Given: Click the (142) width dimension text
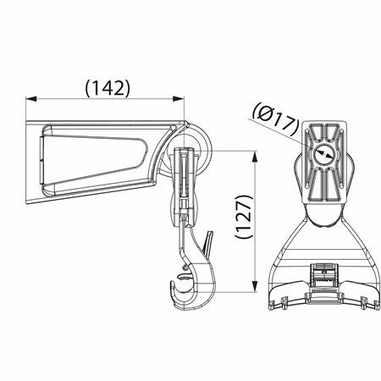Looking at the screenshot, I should click(107, 86).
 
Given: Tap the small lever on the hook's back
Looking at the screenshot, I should click(206, 245).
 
